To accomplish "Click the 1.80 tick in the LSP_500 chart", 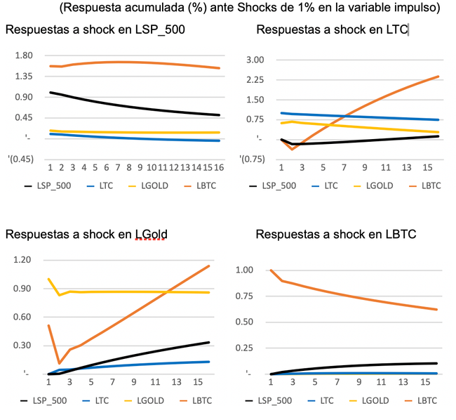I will pyautogui.click(x=25, y=55).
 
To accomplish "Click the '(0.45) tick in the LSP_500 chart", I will pyautogui.click(x=22, y=159).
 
